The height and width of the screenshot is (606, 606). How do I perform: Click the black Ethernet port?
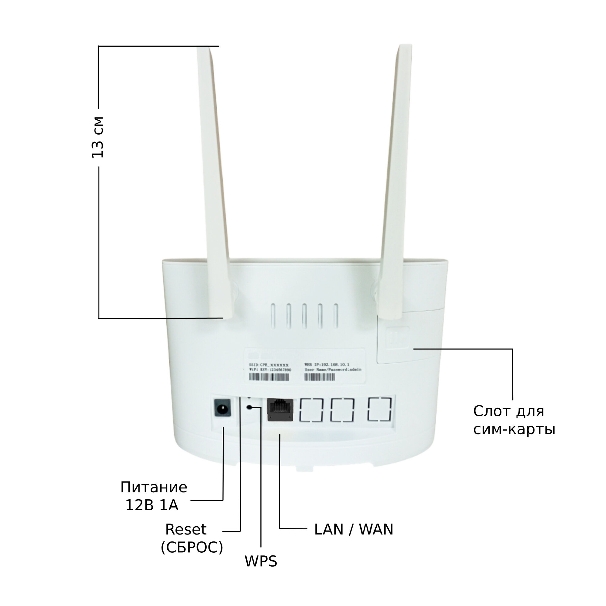(280, 410)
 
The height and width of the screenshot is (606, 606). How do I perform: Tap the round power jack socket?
(223, 408)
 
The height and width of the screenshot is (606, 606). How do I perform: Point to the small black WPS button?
(249, 407)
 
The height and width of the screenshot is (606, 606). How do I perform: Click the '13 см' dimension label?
(98, 137)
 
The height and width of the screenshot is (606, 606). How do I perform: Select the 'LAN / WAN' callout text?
(354, 529)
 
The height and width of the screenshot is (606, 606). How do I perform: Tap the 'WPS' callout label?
(261, 561)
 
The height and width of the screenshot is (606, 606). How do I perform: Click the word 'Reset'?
(186, 529)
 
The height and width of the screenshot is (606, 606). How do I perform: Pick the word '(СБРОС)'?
(192, 547)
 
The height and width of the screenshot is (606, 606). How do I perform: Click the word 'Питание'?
(154, 488)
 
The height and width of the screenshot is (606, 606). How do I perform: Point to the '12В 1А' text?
(152, 505)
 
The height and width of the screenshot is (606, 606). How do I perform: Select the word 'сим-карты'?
(514, 429)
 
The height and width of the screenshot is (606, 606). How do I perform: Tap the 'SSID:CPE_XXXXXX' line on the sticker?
(268, 365)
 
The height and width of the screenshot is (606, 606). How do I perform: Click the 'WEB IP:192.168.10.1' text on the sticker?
(327, 365)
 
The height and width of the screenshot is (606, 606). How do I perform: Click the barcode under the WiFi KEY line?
(269, 377)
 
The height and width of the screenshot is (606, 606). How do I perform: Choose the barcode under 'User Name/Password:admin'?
(320, 377)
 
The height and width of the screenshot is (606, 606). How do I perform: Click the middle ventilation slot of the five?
(304, 316)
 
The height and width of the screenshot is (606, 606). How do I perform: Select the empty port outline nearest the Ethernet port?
(311, 410)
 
